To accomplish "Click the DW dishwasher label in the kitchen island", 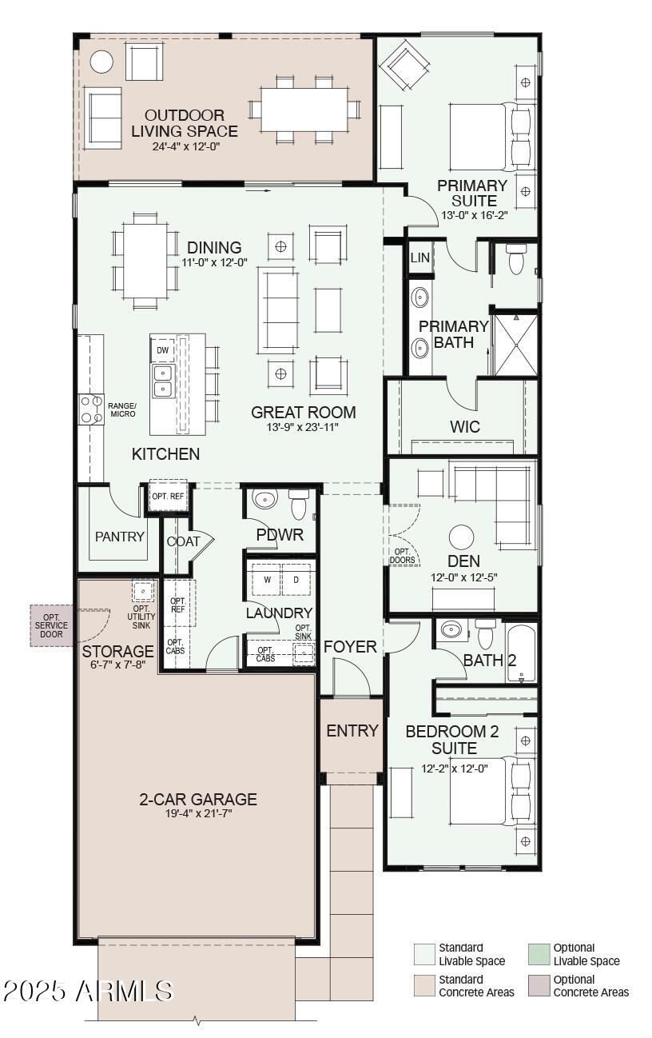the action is coord(162,350).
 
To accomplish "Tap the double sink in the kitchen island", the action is coord(162,381).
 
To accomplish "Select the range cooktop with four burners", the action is coord(91,409).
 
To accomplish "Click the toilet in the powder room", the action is coord(299,505).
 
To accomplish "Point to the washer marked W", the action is coord(266,580).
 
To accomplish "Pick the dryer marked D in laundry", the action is coord(296,580).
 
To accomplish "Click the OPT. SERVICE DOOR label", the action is coord(51,625).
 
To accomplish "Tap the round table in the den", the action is coord(461,537).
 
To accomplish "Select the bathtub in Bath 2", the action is coord(522,652).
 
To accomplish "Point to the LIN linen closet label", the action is coord(420,258).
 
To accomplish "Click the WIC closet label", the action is coord(465,427).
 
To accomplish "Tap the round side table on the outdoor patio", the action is coord(101,62).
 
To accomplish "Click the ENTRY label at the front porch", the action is coord(352,731).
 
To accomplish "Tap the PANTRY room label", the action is coord(120,537).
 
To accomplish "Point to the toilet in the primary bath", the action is coord(516,258).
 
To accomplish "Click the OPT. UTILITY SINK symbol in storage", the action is coord(142,591).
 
